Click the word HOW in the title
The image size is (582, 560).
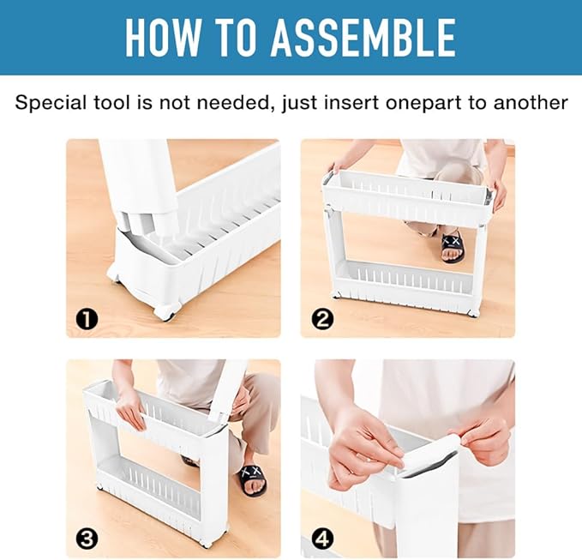(162, 38)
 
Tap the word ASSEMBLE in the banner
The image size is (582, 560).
(363, 38)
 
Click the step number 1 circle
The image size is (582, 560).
(87, 319)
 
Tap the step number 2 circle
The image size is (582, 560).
(321, 319)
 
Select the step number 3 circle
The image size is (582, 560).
(87, 539)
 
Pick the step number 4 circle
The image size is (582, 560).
(321, 539)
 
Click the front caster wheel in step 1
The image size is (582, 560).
(165, 310)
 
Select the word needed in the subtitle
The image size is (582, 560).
(232, 103)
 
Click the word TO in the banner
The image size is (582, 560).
(235, 38)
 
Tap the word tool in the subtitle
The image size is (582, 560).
(112, 103)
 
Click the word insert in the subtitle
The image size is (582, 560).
(351, 103)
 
